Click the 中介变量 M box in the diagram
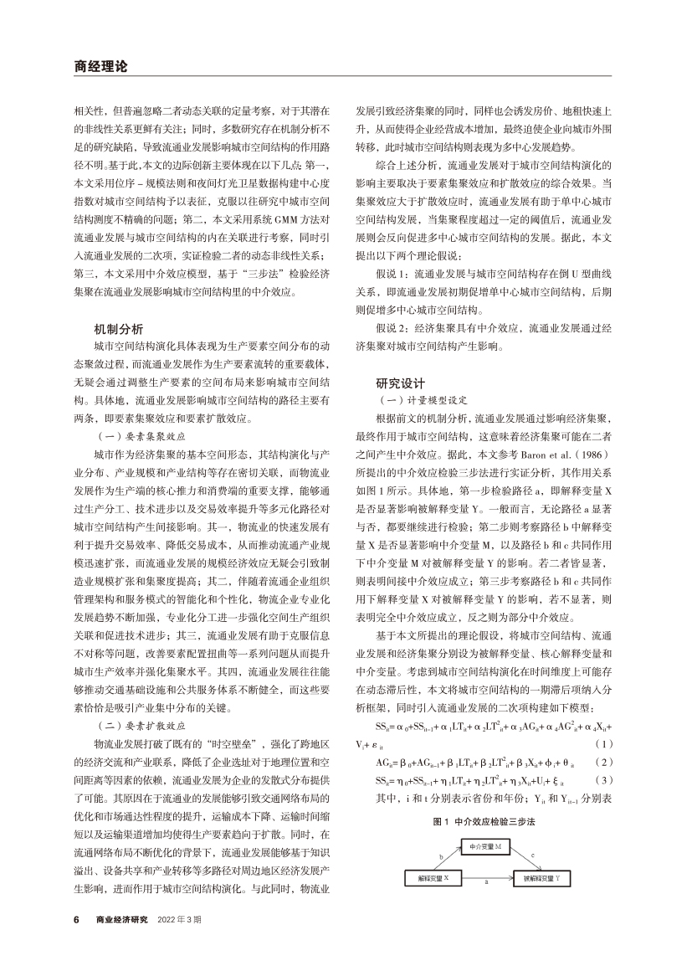(485, 848)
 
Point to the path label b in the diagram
(440, 856)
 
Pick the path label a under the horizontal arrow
(486, 881)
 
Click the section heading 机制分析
(119, 330)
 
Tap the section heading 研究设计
(400, 383)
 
